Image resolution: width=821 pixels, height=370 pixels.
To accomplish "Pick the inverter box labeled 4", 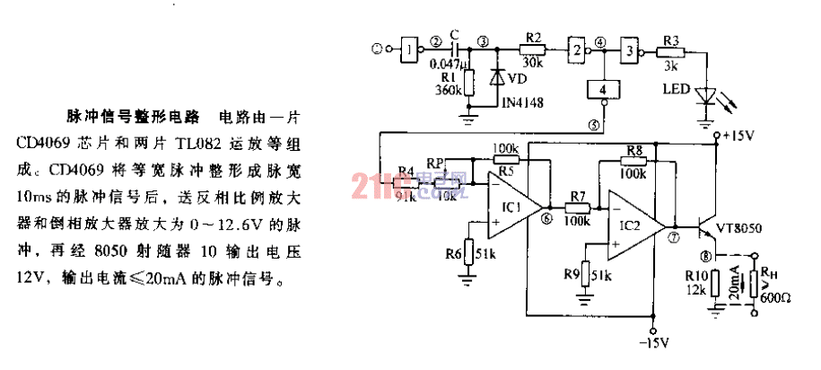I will [603, 90].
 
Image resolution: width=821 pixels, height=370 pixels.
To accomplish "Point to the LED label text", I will [677, 89].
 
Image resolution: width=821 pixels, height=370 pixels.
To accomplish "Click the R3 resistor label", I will [670, 39].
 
